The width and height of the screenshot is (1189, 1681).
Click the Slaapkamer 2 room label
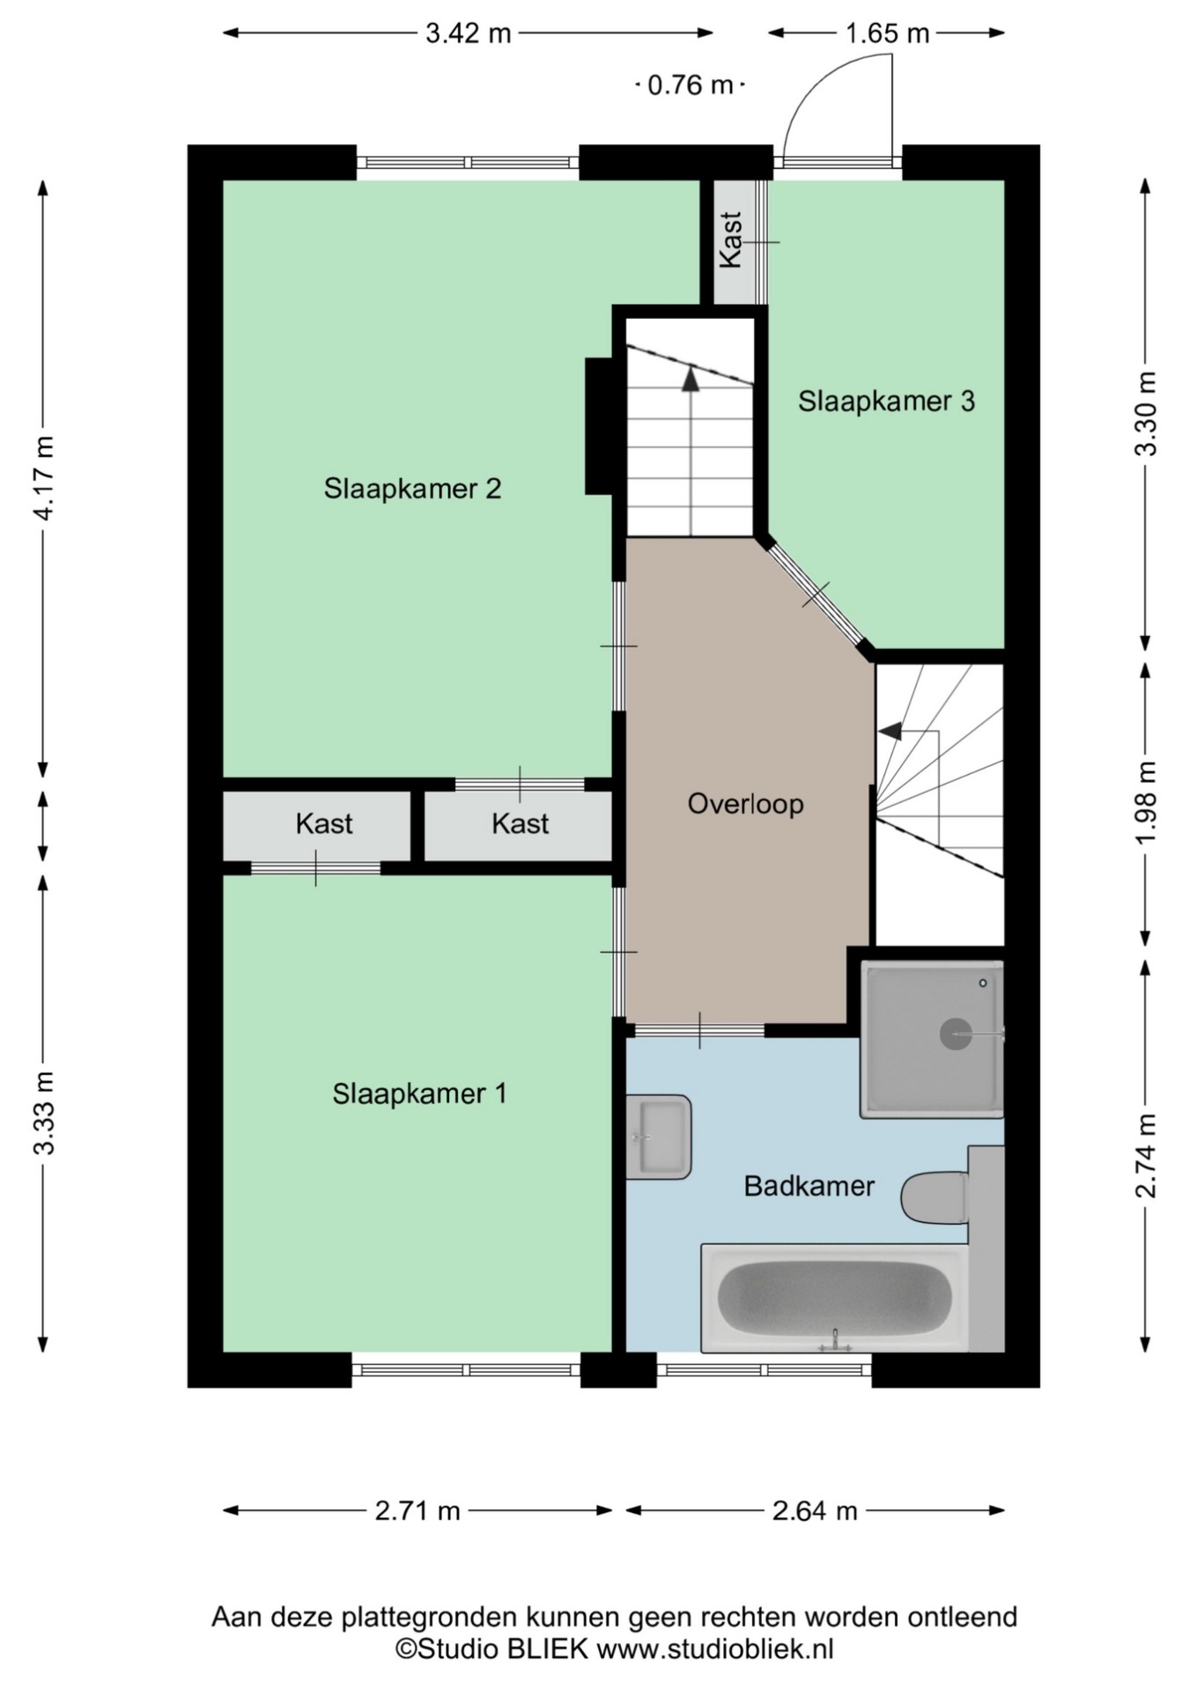point(412,488)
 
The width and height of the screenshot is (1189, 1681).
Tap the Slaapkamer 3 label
point(886,402)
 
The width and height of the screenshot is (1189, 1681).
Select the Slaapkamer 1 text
point(419,1094)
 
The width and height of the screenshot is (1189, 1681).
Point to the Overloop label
point(745,804)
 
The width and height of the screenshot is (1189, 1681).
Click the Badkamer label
point(809,1186)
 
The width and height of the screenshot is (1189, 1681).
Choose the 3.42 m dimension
point(468,33)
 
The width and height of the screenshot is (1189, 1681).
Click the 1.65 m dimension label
point(887,33)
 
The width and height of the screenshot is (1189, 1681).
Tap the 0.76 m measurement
point(690,85)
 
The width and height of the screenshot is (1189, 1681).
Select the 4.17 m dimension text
point(44,477)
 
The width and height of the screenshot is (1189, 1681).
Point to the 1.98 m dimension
point(1145,802)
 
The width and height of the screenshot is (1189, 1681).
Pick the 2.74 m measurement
point(1145,1156)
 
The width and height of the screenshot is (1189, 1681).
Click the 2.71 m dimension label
point(417,1511)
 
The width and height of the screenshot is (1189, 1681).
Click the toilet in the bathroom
point(935,1197)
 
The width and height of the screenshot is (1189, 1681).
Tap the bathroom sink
point(658,1137)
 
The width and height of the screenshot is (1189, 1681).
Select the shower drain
point(956,1034)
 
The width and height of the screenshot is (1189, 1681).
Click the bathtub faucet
point(835,1341)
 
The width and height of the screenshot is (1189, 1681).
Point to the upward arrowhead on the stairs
point(691,380)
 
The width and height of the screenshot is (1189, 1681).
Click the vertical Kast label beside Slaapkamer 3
point(731,240)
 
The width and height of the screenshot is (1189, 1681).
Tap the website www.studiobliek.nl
point(715,1649)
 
